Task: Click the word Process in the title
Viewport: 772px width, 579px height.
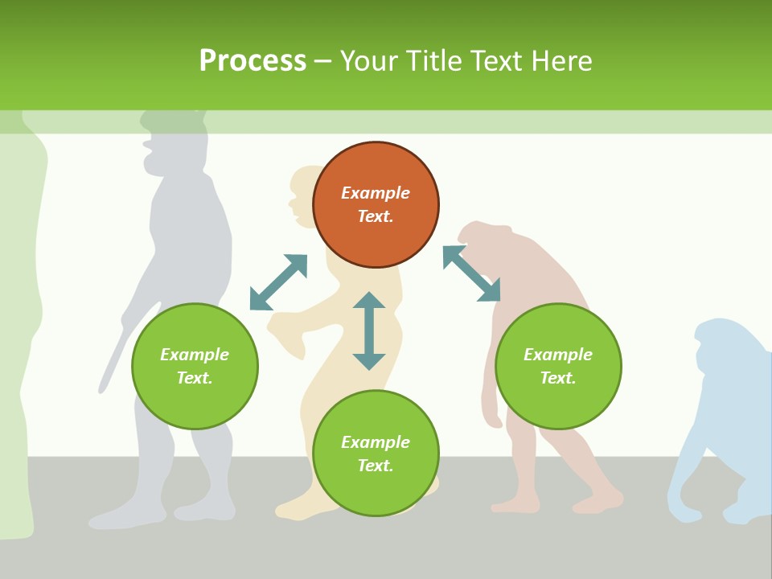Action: point(253,61)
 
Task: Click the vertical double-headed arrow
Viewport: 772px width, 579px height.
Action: point(369,331)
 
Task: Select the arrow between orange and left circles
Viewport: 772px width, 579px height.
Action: point(278,282)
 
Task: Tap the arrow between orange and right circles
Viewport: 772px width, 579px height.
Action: point(471,273)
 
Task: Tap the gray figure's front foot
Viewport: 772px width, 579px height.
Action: point(113,520)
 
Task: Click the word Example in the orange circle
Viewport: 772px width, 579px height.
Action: point(376,193)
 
